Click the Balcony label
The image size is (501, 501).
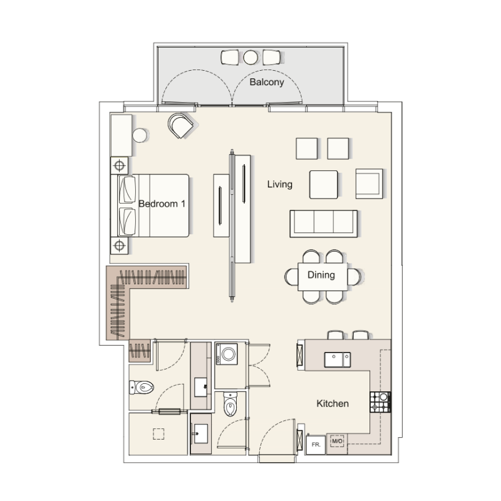click(267, 82)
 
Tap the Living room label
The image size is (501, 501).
click(279, 184)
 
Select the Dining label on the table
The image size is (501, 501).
click(321, 275)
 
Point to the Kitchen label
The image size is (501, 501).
click(332, 404)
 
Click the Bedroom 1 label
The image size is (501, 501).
click(162, 204)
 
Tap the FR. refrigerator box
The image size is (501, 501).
click(316, 443)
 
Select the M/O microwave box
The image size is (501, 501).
click(338, 442)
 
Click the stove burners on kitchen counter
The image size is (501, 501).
click(380, 401)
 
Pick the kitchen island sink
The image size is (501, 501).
click(337, 359)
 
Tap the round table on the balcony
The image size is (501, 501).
click(250, 57)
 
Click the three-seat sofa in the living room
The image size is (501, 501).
click(323, 223)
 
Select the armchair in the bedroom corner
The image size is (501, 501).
click(181, 125)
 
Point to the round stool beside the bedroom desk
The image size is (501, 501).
click(139, 135)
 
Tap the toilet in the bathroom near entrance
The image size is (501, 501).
click(230, 405)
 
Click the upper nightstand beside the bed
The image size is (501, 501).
click(119, 165)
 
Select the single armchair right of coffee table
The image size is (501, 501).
click(369, 183)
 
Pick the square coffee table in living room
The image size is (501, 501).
click(324, 184)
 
